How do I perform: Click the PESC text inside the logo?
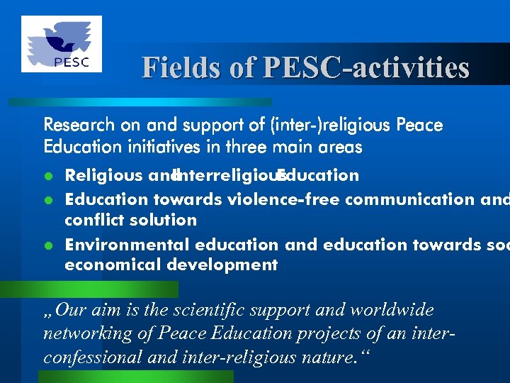[72, 62]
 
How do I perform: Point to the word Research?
[79, 126]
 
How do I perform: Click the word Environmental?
[127, 245]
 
